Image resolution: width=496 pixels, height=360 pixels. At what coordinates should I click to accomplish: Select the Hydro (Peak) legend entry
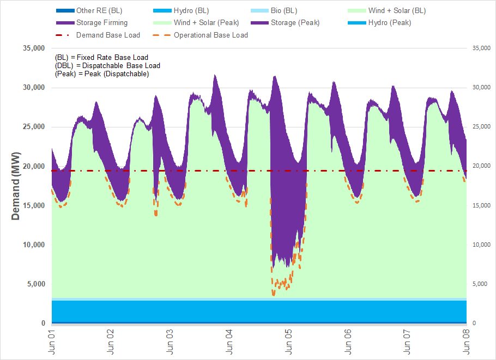tap(389, 23)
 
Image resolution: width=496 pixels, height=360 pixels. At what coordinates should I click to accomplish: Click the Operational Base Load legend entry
tap(210, 35)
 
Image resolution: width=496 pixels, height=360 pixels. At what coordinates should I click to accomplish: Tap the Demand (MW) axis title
tap(16, 186)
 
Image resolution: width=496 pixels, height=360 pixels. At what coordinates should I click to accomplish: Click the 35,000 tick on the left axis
tap(33, 48)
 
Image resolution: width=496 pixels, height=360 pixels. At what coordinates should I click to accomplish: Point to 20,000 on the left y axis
tap(33, 166)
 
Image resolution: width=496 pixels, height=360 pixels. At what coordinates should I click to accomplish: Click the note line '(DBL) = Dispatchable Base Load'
tap(107, 65)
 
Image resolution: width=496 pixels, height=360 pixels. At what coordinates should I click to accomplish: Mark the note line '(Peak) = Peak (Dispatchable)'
tap(102, 74)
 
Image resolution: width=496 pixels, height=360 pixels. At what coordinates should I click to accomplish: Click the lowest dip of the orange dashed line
tap(274, 294)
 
